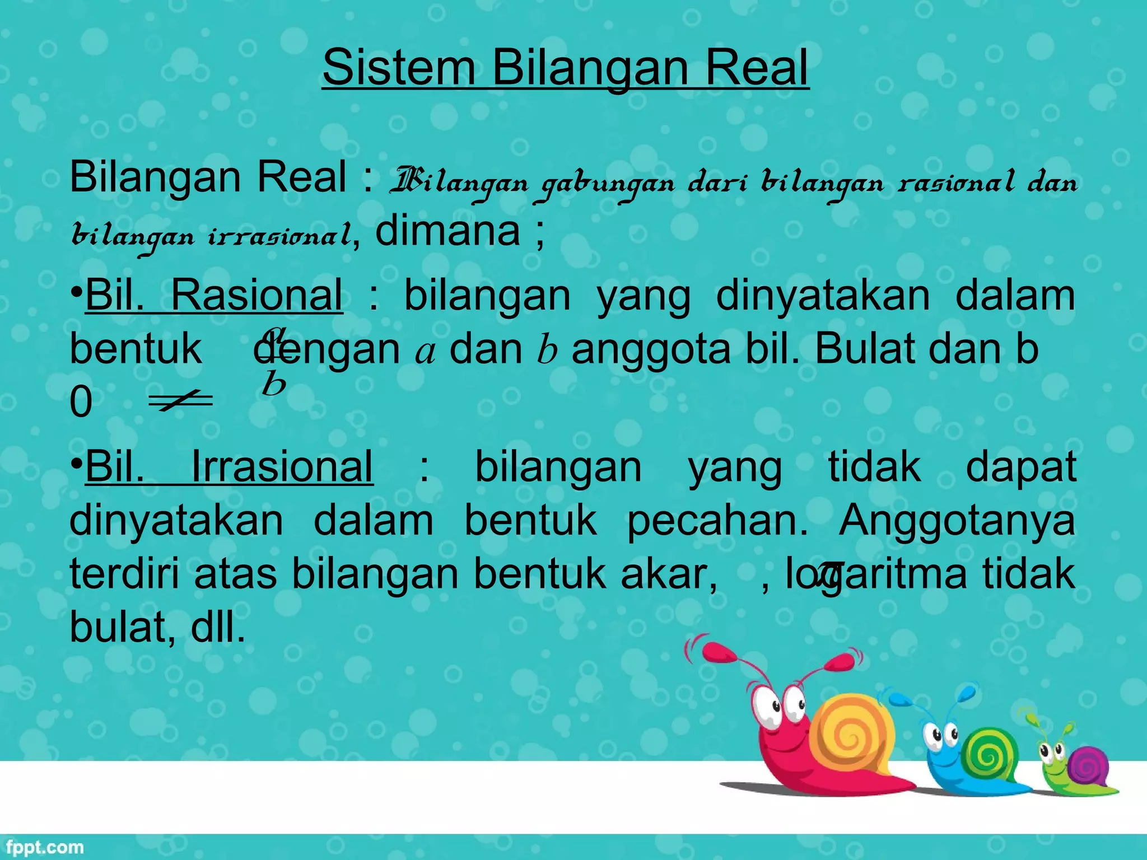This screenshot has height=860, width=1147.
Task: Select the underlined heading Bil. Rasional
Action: click(213, 295)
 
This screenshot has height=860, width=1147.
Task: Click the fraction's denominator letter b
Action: click(273, 384)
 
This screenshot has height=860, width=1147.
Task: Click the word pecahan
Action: click(717, 520)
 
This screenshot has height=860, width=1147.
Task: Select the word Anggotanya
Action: click(957, 520)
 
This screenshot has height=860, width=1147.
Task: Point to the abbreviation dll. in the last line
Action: click(218, 627)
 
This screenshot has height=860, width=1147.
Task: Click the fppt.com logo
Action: click(43, 847)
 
